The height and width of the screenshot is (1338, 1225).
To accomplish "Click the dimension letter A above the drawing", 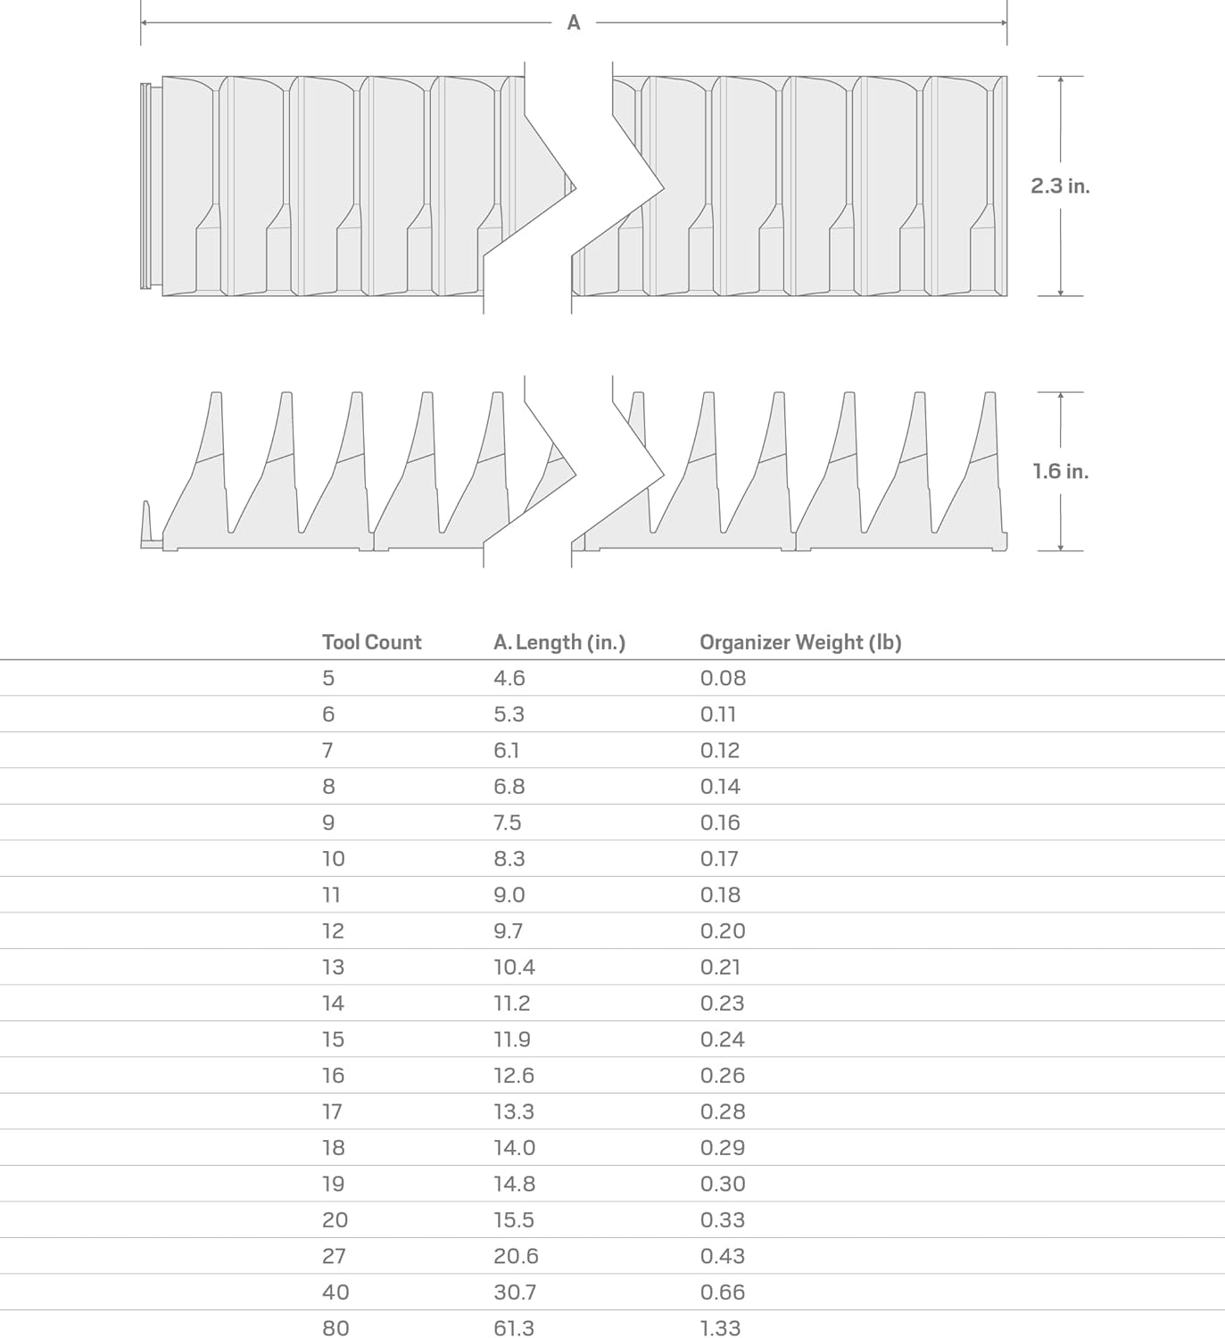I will click(574, 23).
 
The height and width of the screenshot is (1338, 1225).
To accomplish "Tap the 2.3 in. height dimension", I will click(1060, 186).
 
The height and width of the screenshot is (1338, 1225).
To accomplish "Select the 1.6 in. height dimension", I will click(1060, 471).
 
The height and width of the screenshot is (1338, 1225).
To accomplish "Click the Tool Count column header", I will click(371, 642).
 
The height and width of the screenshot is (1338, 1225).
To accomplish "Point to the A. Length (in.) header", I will click(559, 642).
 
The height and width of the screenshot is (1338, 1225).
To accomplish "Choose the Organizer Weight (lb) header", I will click(800, 642).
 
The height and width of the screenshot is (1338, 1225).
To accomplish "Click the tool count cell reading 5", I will click(328, 679).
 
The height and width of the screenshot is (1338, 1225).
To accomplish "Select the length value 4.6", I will click(509, 679).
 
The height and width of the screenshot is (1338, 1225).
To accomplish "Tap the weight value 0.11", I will click(718, 714).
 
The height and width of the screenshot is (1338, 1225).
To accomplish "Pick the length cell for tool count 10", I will click(509, 859).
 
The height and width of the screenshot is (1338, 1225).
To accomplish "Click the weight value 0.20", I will click(723, 931).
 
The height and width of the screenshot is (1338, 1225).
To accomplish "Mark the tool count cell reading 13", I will click(333, 967).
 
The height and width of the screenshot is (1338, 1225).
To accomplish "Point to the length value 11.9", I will click(512, 1039).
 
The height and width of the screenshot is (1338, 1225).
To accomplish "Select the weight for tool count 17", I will click(723, 1111).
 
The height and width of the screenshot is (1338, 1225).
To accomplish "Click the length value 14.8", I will click(514, 1184).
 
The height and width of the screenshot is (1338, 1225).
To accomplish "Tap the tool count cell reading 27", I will click(335, 1256).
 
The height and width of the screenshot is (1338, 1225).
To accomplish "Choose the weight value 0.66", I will click(723, 1292).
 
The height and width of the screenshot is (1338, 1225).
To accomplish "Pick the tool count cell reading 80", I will click(335, 1328).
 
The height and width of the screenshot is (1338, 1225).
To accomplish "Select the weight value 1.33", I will click(721, 1328).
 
